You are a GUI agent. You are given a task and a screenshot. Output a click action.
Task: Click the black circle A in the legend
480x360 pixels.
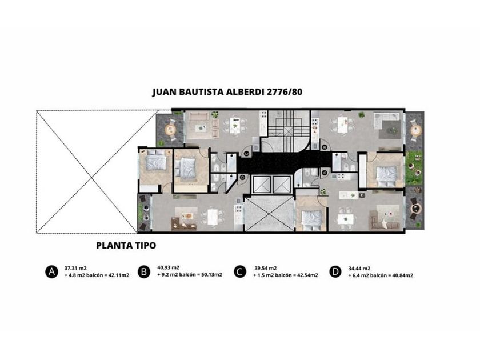click(52, 272)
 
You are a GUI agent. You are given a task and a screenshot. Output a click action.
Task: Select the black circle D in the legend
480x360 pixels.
click(335, 272)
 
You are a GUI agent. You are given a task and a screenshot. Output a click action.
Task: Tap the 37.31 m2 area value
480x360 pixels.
click(75, 268)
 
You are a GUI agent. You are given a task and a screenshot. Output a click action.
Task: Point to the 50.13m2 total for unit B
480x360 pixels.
click(211, 275)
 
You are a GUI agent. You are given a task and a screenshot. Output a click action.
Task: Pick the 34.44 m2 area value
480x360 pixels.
click(359, 269)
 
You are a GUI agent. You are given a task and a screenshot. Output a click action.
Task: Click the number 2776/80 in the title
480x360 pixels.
click(285, 92)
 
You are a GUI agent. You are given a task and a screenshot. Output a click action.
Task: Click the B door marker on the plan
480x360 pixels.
click(324, 147)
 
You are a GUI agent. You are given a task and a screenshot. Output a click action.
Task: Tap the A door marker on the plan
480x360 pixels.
click(324, 173)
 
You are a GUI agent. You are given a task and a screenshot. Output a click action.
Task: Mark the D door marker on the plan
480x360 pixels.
click(243, 177)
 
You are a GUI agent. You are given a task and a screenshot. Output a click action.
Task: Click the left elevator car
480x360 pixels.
click(262, 185)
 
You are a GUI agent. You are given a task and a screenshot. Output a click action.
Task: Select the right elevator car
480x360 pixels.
click(281, 185)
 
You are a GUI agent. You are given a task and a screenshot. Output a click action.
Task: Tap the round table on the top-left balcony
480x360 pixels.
click(170, 130)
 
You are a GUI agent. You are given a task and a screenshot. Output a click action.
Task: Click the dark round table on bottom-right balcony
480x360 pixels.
click(416, 209)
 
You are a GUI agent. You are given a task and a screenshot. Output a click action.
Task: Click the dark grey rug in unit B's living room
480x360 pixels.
click(390, 130)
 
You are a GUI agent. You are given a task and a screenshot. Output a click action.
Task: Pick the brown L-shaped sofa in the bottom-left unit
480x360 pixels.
click(183, 224)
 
